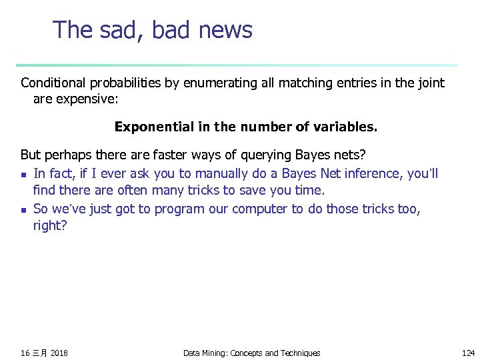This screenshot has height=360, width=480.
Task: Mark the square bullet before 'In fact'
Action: [24, 175]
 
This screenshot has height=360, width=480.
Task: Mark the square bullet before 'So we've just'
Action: [24, 210]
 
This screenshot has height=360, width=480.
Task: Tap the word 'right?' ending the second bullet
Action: [50, 226]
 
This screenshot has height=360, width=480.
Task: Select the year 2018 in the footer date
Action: [59, 353]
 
